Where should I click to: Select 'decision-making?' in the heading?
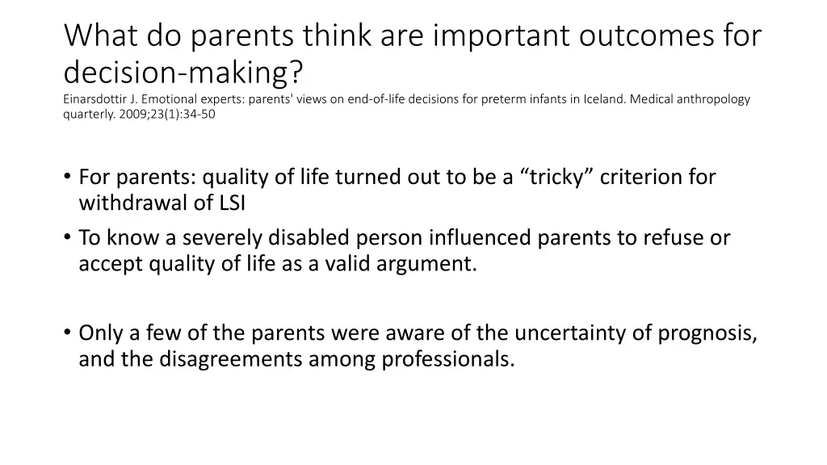tap(184, 73)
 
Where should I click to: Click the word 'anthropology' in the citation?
tap(714, 99)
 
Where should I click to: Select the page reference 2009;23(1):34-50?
tap(168, 114)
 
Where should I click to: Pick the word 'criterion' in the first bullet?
tap(645, 177)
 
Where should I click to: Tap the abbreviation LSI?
tap(232, 203)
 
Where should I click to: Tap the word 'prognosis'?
tap(707, 333)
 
